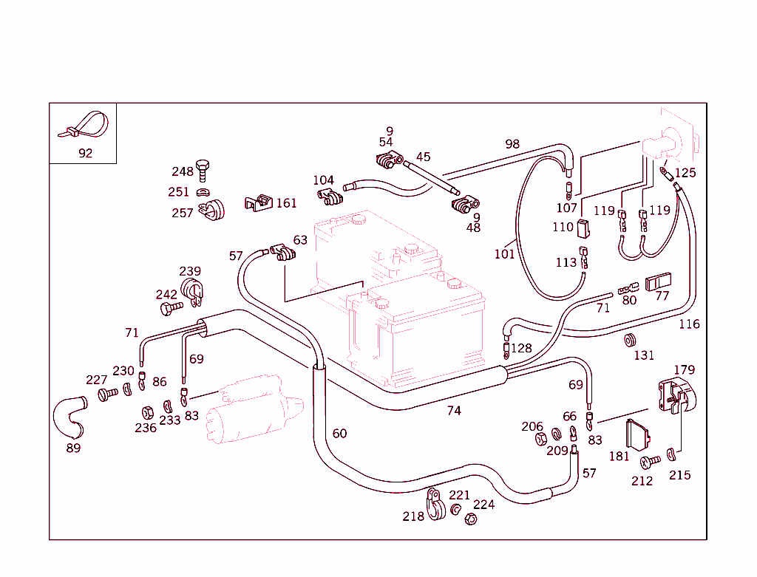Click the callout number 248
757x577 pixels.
183,171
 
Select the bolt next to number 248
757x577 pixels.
203,169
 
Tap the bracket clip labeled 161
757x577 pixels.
257,202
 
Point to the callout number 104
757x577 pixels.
323,180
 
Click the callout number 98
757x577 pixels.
512,144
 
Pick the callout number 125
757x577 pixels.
685,173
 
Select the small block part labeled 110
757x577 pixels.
583,227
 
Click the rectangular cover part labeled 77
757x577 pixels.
658,283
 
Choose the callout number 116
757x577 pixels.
689,324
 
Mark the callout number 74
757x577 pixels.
454,410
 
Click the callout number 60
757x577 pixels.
339,433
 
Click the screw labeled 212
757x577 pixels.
650,461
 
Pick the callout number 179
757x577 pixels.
684,369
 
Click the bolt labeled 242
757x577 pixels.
172,308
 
